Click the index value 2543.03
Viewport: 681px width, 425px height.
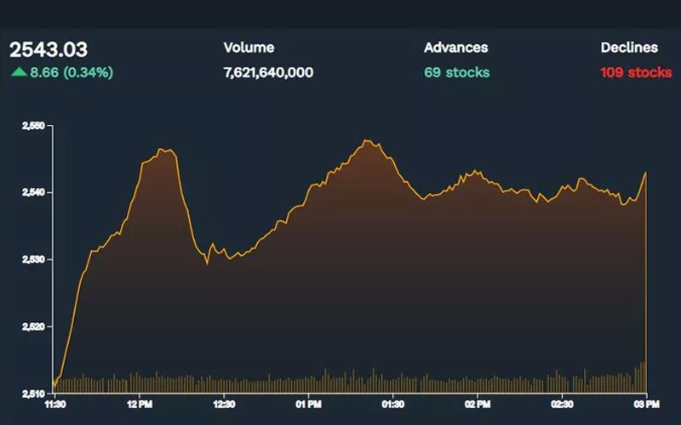(49, 50)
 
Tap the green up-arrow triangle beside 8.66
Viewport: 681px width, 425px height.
(18, 72)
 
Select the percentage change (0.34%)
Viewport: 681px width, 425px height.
(87, 72)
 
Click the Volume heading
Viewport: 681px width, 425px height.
(249, 48)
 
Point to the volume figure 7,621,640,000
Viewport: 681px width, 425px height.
(268, 72)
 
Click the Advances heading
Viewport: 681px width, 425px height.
(455, 48)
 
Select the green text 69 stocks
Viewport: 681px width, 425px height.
(456, 72)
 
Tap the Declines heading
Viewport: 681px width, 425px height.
(628, 48)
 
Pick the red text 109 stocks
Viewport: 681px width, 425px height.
(635, 72)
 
